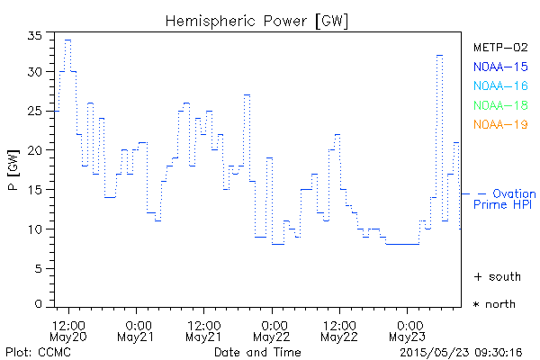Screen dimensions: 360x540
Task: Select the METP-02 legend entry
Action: (x=499, y=47)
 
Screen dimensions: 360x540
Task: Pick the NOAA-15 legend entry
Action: (x=499, y=66)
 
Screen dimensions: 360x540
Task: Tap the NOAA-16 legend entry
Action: (x=499, y=85)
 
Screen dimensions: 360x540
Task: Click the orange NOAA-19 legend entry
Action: (x=499, y=124)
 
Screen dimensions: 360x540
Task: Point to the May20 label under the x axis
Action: (x=69, y=337)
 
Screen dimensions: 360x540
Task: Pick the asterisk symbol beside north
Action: (x=477, y=305)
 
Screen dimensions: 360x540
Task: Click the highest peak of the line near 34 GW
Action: (x=67, y=40)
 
